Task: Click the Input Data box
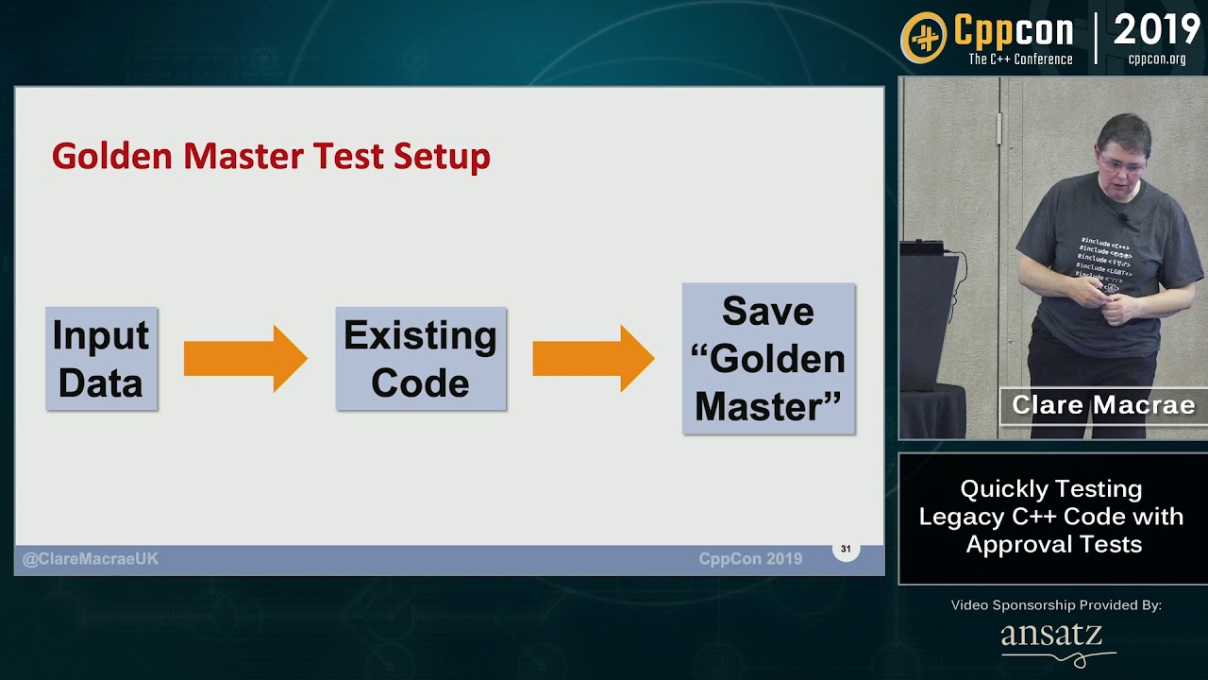[x=101, y=359]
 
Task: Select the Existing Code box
[x=420, y=359]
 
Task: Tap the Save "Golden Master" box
[x=768, y=359]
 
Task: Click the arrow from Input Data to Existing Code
[x=245, y=359]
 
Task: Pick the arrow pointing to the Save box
[x=593, y=359]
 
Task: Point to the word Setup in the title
[x=442, y=156]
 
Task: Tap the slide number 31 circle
[x=846, y=549]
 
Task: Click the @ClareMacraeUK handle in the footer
[x=91, y=559]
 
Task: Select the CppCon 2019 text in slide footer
[x=750, y=559]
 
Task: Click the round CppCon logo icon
[x=924, y=39]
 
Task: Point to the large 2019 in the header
[x=1156, y=30]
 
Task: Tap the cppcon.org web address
[x=1157, y=59]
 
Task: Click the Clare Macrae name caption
[x=1103, y=405]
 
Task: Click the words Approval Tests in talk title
[x=1053, y=544]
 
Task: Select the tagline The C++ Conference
[x=1020, y=59]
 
